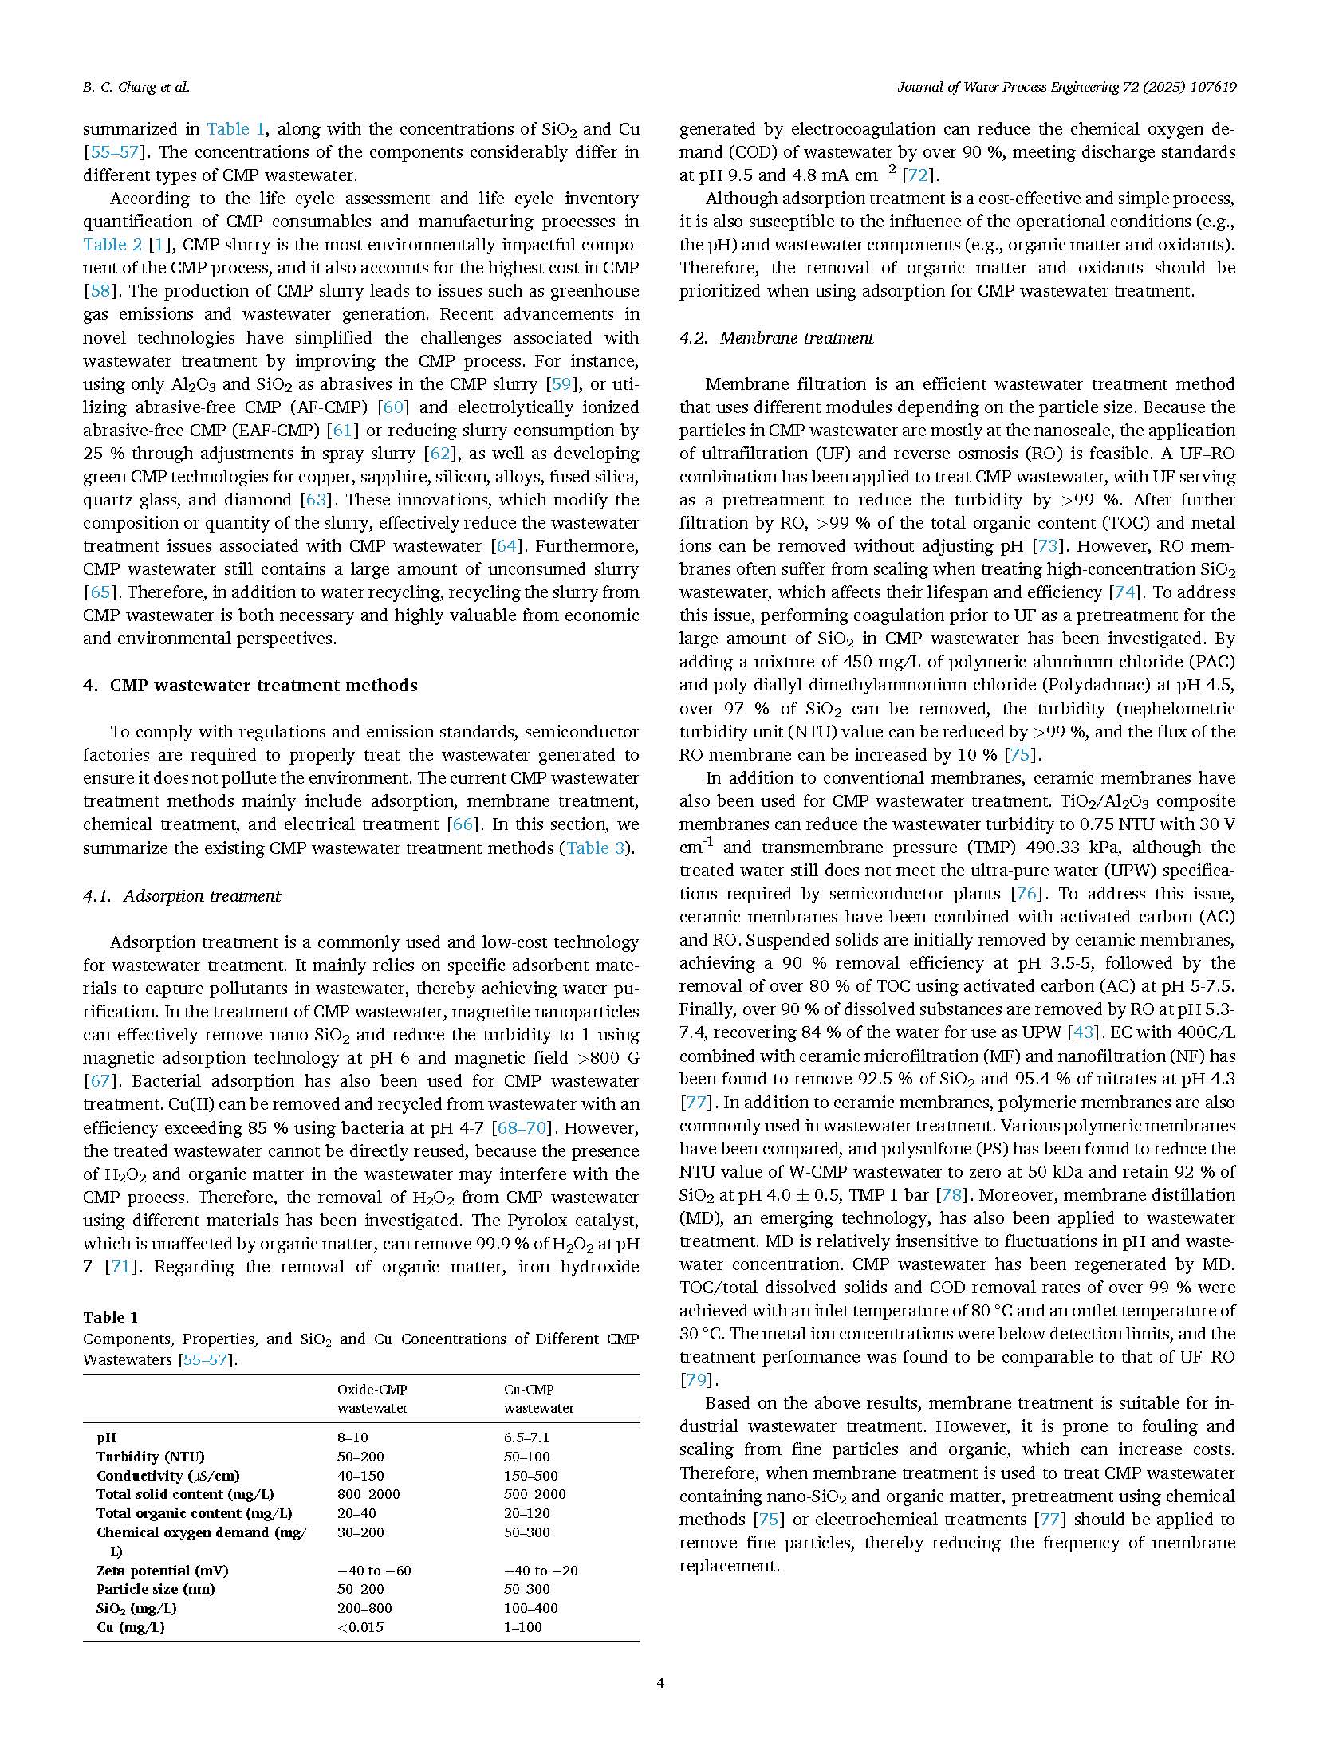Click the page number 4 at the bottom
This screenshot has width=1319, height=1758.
[x=659, y=1683]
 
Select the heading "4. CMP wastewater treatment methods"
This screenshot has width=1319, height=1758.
[x=250, y=685]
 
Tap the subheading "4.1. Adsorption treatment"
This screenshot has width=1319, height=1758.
[x=182, y=895]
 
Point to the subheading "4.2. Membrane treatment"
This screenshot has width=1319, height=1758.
[x=777, y=337]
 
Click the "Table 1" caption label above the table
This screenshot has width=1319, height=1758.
[x=110, y=1316]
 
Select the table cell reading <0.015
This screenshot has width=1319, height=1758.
[x=360, y=1626]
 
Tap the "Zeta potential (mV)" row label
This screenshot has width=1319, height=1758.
[x=162, y=1570]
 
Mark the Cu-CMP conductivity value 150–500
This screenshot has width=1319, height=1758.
[x=530, y=1475]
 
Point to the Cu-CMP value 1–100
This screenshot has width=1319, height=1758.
[x=522, y=1626]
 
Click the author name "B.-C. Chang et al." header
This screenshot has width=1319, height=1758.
[x=136, y=87]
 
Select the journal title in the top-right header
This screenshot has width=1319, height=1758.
[x=1066, y=87]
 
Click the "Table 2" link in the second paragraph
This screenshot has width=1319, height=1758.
[x=112, y=244]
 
